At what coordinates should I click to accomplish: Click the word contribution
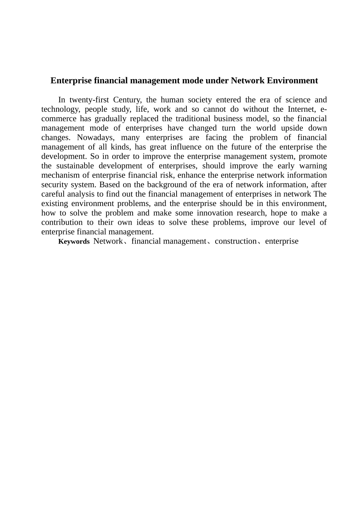62,222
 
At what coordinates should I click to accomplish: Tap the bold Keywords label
74,242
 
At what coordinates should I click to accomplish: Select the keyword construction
235,241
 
